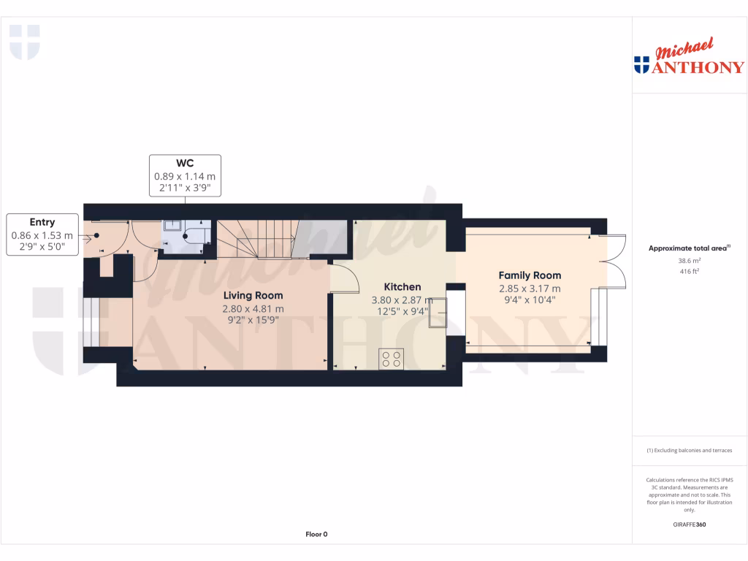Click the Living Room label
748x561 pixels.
(253, 295)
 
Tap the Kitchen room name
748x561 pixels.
(402, 287)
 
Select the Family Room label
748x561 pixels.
(530, 275)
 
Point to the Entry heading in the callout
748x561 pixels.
(42, 222)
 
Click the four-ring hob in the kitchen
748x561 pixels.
(391, 359)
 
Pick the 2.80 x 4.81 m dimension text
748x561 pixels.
(253, 308)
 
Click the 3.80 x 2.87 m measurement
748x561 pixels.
(402, 300)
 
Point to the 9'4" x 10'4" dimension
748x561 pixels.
(530, 300)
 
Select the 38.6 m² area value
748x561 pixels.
(690, 260)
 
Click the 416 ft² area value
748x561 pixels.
(690, 271)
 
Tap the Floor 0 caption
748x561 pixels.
(316, 534)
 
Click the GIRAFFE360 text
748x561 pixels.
(690, 524)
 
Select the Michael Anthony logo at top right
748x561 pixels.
(690, 58)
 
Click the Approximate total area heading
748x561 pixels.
(688, 248)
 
